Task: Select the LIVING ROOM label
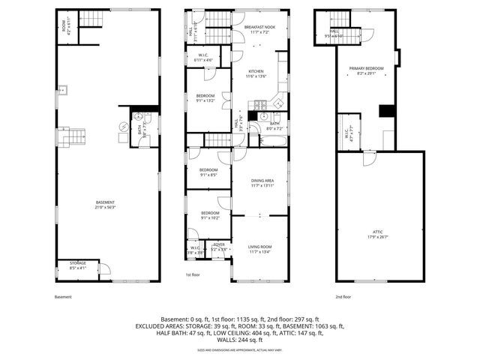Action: tap(260, 250)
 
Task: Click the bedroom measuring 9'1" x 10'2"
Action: tap(209, 215)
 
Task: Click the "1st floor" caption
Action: tap(193, 275)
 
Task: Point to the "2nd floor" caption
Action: tap(342, 297)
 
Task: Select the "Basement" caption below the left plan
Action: tap(64, 297)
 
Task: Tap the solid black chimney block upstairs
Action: tap(385, 111)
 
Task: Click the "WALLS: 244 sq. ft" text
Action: tap(239, 340)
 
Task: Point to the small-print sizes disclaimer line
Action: tap(239, 350)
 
